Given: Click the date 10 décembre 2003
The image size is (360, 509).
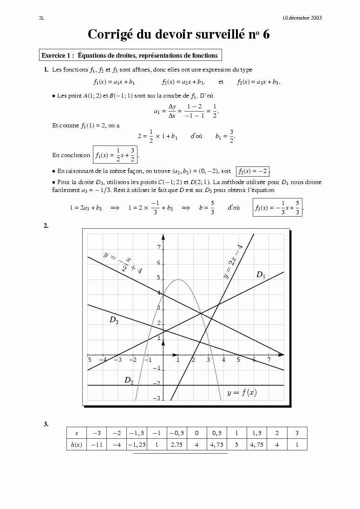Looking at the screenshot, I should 302,18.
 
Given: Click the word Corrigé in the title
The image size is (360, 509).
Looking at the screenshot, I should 110,35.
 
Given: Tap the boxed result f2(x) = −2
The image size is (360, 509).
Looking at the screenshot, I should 253,171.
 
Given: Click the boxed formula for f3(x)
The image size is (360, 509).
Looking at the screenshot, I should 278,208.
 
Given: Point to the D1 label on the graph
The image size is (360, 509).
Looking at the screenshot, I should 261,275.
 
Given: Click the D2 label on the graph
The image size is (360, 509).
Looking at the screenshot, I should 129,380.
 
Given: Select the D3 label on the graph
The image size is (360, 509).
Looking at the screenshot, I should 114,320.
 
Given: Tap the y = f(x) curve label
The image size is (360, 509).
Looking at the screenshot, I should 242,393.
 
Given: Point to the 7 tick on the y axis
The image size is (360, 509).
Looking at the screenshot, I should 159,248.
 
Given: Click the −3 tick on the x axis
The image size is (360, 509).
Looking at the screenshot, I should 118,360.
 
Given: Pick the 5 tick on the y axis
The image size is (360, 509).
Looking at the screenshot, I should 159,278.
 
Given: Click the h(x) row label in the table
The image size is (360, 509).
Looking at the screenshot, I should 76,445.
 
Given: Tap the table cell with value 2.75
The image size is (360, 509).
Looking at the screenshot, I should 177,445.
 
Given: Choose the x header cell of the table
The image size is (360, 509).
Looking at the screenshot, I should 76,433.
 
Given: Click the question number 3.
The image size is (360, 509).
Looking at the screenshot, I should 46,424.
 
